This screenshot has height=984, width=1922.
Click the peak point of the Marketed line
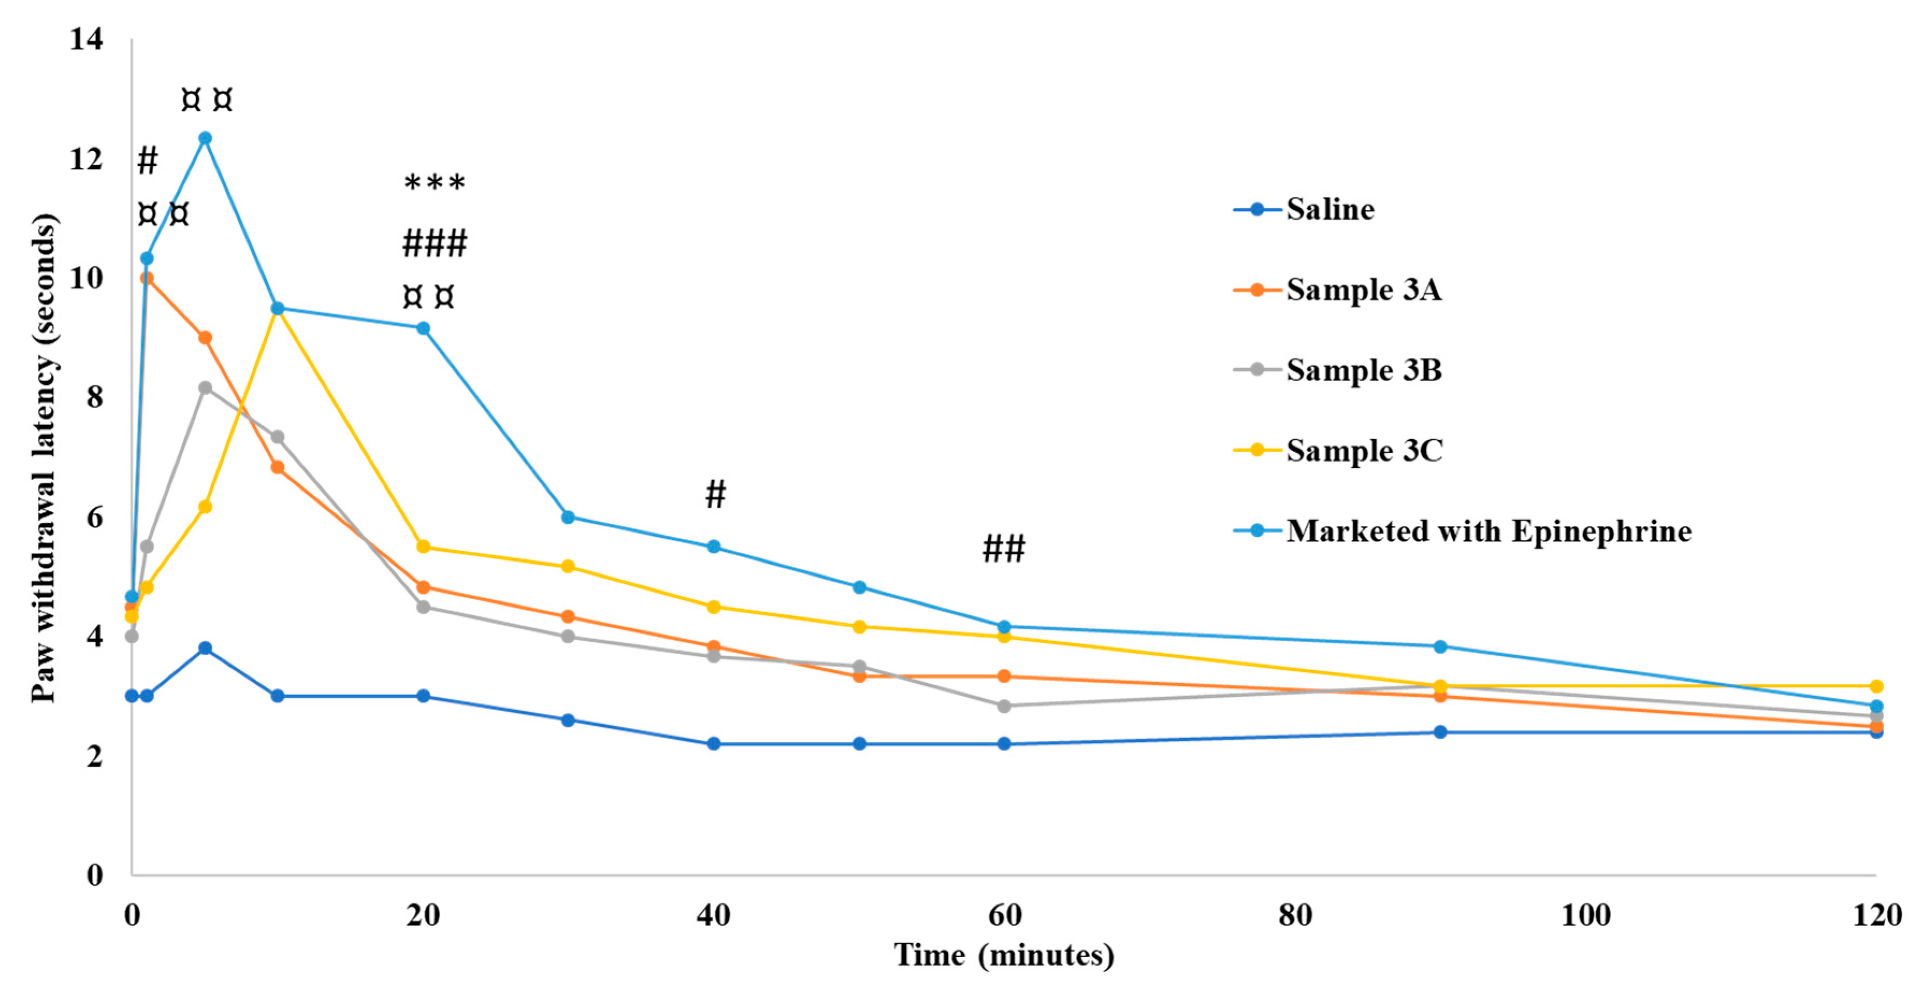[205, 138]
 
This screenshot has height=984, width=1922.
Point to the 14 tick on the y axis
[86, 39]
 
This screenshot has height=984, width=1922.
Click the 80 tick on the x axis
[1295, 915]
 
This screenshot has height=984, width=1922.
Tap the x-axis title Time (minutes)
[1004, 955]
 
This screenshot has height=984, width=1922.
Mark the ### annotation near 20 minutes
[434, 244]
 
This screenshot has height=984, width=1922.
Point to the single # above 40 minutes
[715, 494]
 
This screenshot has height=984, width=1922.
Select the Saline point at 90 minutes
[1440, 732]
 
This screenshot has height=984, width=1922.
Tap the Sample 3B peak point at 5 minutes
[205, 387]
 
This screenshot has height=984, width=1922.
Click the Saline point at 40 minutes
[713, 744]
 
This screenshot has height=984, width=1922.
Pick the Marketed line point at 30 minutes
[568, 517]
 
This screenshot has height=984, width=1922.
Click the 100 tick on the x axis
[1585, 915]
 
